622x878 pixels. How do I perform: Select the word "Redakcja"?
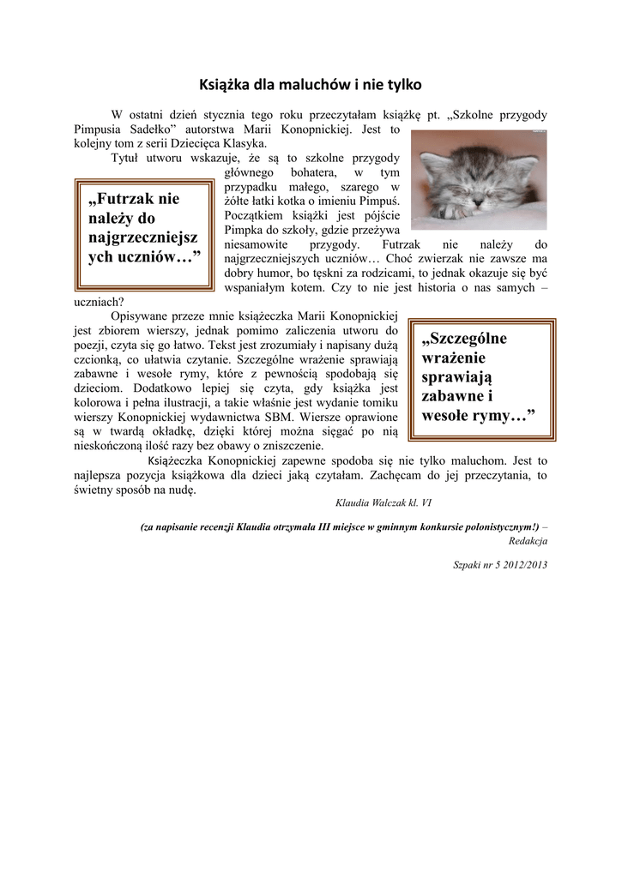tap(528, 541)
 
